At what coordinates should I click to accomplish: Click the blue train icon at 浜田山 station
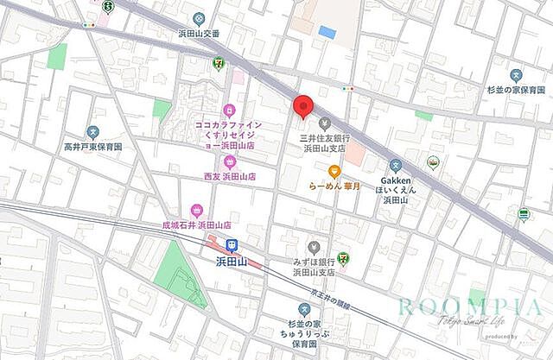pyautogui.click(x=232, y=245)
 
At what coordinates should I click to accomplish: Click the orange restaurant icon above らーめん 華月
pyautogui.click(x=334, y=171)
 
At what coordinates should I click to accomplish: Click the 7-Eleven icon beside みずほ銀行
pyautogui.click(x=343, y=256)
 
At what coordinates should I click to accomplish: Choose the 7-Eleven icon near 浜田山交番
pyautogui.click(x=219, y=63)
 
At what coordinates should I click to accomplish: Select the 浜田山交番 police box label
pyautogui.click(x=199, y=33)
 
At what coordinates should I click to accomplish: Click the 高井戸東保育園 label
pyautogui.click(x=92, y=148)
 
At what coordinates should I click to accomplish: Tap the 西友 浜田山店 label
pyautogui.click(x=229, y=176)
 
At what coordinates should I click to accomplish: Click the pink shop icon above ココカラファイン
pyautogui.click(x=229, y=110)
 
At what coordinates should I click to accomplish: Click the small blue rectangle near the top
pyautogui.click(x=327, y=32)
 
